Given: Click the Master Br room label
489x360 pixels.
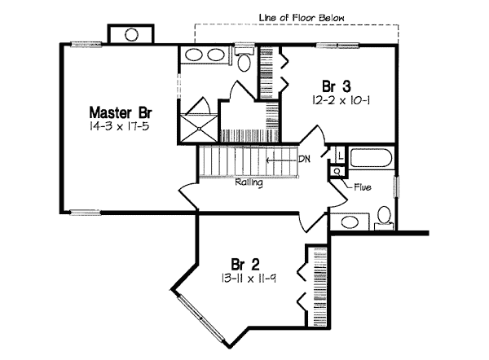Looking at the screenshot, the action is (x=121, y=112).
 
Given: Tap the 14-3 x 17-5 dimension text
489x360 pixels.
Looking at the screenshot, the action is (x=119, y=126).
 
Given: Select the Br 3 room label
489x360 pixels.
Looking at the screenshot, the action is (x=337, y=86).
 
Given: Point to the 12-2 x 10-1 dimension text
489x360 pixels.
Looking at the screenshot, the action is (x=341, y=100).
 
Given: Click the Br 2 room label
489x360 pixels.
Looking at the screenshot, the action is (x=245, y=265).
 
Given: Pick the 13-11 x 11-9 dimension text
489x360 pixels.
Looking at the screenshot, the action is (x=249, y=278).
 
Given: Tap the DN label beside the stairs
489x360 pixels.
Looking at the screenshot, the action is (x=304, y=160).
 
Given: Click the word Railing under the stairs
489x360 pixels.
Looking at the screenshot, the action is (x=249, y=182).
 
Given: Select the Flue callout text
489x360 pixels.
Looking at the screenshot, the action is (x=363, y=187).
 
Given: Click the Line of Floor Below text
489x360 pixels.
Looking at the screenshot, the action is (x=302, y=18).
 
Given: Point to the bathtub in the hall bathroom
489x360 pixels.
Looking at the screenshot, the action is (x=371, y=158).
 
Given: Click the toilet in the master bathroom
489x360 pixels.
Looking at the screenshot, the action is (x=244, y=61).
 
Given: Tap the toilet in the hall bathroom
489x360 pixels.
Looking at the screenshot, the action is (x=384, y=217).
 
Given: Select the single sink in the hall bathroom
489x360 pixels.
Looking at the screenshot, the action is (x=350, y=222).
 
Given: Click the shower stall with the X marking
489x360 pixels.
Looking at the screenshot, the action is (x=198, y=129).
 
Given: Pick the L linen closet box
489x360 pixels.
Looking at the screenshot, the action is (x=340, y=155).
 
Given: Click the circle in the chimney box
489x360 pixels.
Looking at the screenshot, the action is (x=131, y=34).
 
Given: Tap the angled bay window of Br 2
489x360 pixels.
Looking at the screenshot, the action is (x=201, y=318).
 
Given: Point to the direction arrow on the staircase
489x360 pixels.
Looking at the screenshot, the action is (x=281, y=160).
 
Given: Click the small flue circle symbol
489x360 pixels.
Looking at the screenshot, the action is (x=337, y=171).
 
